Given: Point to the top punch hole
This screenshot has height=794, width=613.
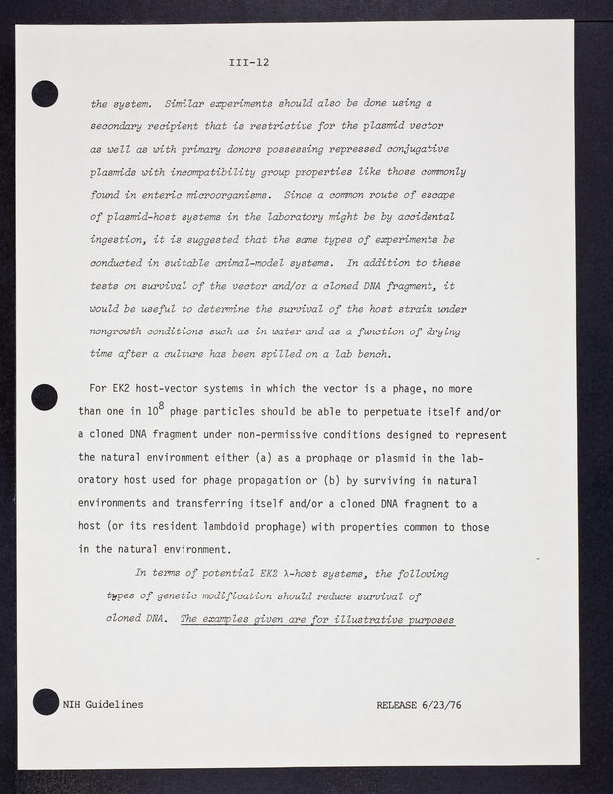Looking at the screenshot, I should [44, 95].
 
